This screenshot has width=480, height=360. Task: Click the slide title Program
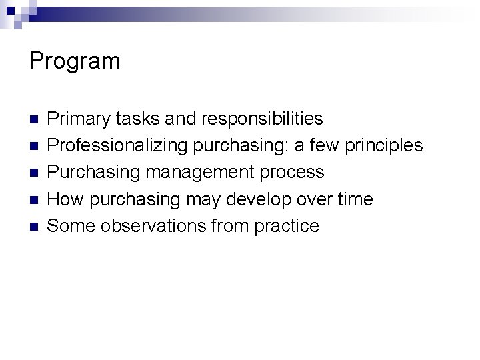point(75,62)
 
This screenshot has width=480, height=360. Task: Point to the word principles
point(388,146)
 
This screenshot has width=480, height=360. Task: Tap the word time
point(354,199)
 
